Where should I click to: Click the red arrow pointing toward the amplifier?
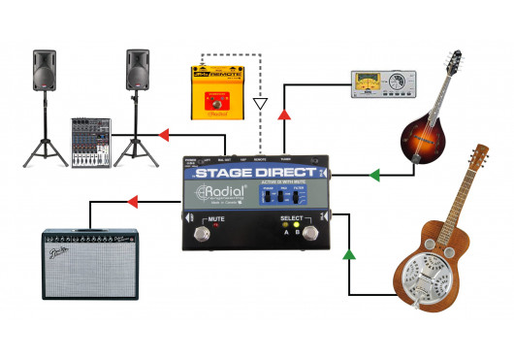click(134, 203)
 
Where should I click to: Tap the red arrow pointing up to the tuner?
click(284, 115)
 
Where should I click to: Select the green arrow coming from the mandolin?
click(371, 176)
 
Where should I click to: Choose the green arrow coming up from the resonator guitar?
click(349, 256)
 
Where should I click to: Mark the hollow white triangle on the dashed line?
click(258, 102)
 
